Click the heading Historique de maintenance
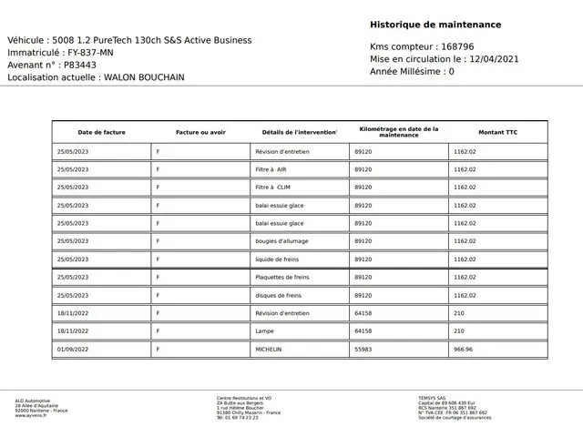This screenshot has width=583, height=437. [435, 25]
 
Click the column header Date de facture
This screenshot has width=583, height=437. [101, 133]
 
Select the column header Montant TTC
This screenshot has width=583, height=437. [496, 133]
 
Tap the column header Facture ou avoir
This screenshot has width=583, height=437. [200, 133]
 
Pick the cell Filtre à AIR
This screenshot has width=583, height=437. [271, 169]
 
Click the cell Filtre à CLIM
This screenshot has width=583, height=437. [272, 188]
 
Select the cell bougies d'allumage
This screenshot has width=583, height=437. [281, 241]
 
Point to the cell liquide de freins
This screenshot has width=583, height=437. [278, 259]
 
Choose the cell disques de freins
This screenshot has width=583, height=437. [278, 295]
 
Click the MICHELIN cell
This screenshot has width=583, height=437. [269, 349]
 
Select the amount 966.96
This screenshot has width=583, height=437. [463, 349]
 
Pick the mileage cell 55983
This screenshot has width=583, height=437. [363, 349]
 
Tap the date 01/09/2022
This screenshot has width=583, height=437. [72, 349]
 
